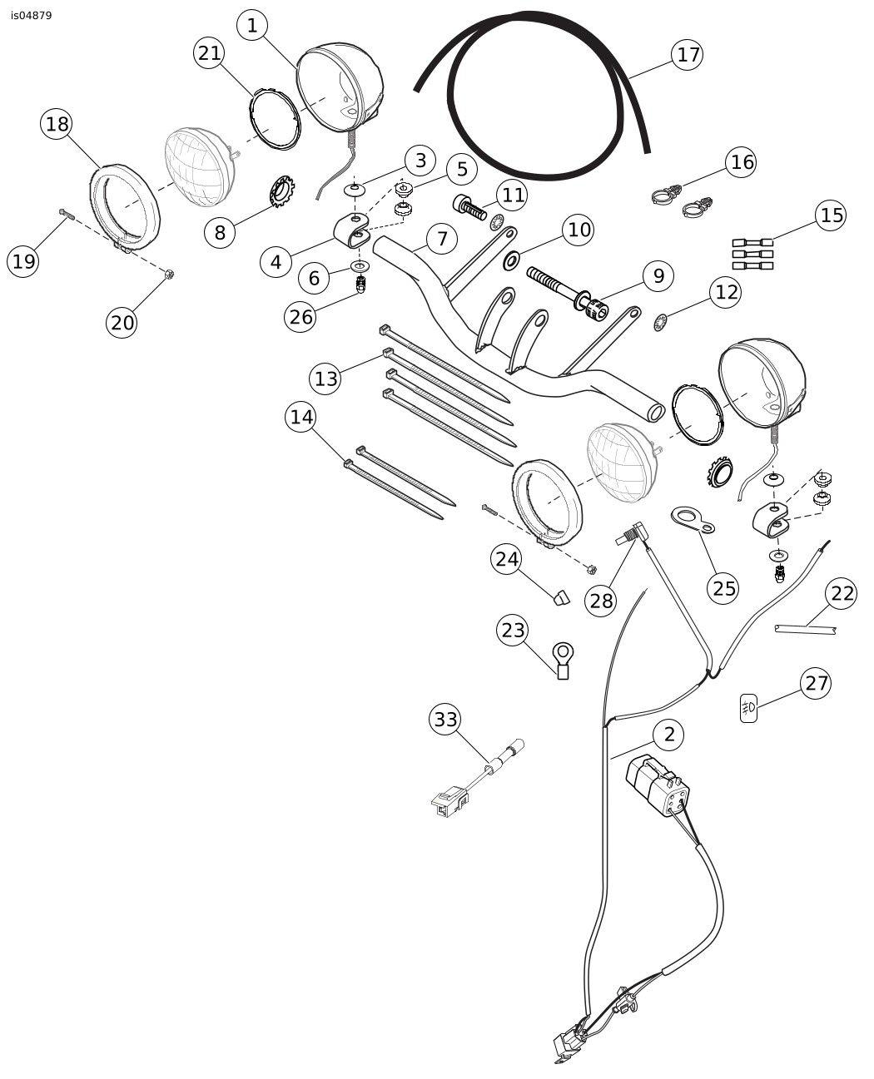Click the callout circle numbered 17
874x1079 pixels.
click(x=687, y=55)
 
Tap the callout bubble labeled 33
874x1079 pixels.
click(x=445, y=719)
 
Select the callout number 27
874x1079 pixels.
click(x=817, y=683)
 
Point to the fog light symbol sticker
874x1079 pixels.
click(x=748, y=708)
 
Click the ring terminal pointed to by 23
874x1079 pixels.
click(x=563, y=660)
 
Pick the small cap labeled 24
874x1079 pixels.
click(x=561, y=597)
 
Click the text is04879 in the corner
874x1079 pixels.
click(x=31, y=16)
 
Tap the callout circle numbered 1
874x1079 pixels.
click(x=252, y=25)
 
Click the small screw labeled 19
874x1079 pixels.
click(x=67, y=214)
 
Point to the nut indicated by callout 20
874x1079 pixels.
click(x=170, y=275)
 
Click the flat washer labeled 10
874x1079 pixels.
click(x=511, y=261)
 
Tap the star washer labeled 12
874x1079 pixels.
click(x=659, y=323)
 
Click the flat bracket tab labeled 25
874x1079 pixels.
click(x=693, y=520)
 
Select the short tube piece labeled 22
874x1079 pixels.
click(x=805, y=629)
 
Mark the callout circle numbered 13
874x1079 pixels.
click(x=325, y=378)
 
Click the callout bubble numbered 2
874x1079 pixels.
click(x=668, y=735)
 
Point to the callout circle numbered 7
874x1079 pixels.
click(x=441, y=239)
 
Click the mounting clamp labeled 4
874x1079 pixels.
click(x=351, y=231)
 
